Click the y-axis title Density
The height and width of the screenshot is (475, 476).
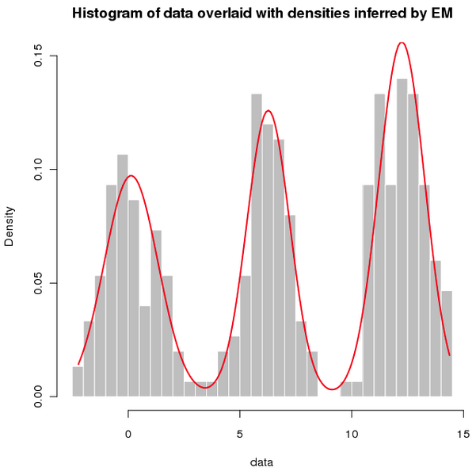pos(10,227)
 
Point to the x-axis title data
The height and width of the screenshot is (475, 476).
pos(262,460)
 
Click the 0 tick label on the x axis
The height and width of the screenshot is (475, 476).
pos(128,434)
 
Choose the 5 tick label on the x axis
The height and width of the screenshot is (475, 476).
pos(240,434)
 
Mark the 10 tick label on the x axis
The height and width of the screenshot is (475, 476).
pos(352,434)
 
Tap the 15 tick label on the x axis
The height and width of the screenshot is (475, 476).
pos(463,434)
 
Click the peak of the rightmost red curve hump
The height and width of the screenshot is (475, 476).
pos(402,43)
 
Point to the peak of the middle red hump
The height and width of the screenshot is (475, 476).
pos(268,111)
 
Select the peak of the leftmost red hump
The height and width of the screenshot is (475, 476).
pos(131,176)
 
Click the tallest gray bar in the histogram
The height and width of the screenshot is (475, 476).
pos(402,238)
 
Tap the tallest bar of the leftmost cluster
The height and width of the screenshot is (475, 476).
pos(123,278)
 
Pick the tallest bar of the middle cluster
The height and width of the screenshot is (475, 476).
pos(257,246)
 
